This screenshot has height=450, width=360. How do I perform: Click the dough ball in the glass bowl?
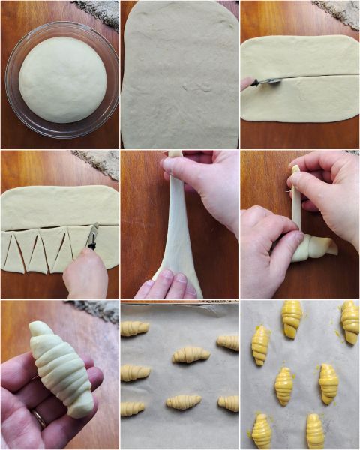point(62,79)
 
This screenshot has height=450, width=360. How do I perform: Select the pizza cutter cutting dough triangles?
point(93,236)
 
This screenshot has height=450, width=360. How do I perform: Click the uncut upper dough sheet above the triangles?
point(60,207)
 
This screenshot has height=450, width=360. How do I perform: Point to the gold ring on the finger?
point(39,418)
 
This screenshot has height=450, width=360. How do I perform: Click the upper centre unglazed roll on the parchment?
point(191,354)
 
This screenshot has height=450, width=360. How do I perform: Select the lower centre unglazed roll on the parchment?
point(184,402)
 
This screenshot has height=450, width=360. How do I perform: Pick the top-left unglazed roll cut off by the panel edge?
point(134,328)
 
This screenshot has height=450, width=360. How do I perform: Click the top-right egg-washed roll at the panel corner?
point(349,320)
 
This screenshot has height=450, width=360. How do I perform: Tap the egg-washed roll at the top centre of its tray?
point(292,319)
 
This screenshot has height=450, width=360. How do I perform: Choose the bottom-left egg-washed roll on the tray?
point(262,430)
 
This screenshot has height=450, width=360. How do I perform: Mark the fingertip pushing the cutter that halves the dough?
point(246,83)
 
